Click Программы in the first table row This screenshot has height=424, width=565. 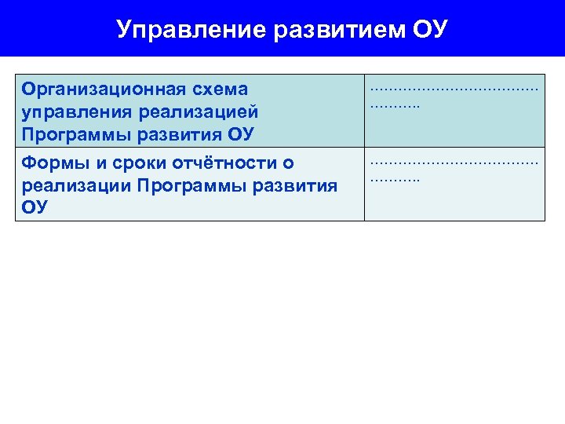pyautogui.click(x=71, y=133)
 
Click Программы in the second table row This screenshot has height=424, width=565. pyautogui.click(x=186, y=185)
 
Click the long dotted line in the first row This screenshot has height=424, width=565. pyautogui.click(x=454, y=90)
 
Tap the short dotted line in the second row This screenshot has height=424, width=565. pyautogui.click(x=395, y=180)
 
